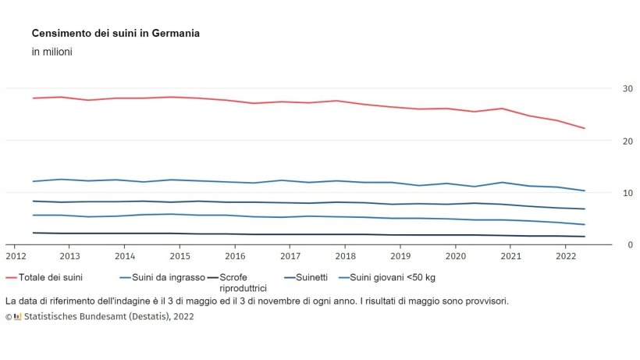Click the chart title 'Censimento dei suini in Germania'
click(116, 34)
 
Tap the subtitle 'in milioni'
click(52, 52)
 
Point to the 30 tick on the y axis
click(605, 89)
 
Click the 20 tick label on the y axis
click(605, 141)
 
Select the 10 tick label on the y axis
click(605, 193)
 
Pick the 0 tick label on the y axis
click(607, 244)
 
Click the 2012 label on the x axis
click(16, 256)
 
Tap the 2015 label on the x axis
click(180, 256)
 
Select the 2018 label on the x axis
click(345, 256)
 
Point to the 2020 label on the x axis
click(455, 256)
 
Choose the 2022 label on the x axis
click(565, 256)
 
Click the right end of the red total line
click(585, 128)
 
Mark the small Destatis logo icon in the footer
click(18, 317)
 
